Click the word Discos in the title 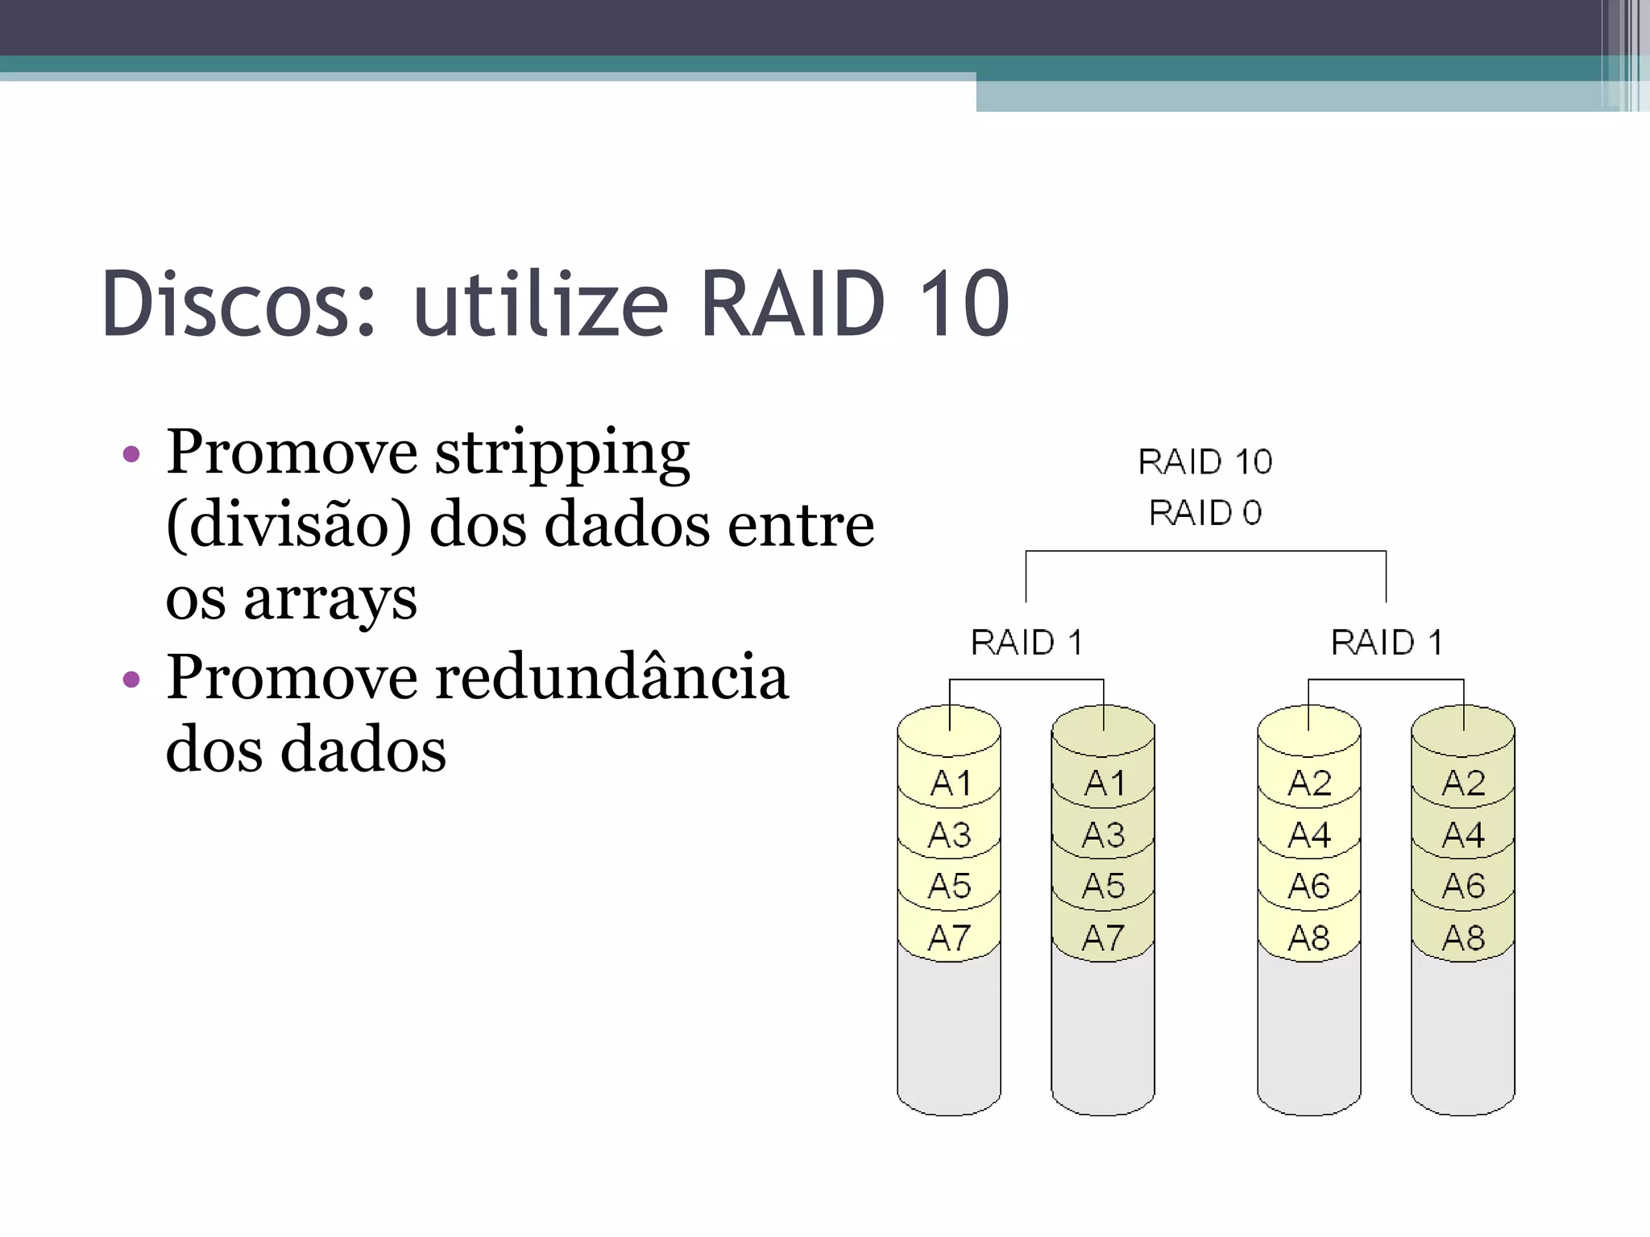point(238,304)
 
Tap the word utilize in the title point(540,304)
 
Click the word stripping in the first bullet point(562,453)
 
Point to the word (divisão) point(288,525)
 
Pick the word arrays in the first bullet point(330,599)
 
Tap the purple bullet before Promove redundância point(131,679)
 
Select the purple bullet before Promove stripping point(131,454)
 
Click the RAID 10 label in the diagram point(1204,462)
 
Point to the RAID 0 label point(1204,513)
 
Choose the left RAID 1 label point(1026,643)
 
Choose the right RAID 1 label point(1387,643)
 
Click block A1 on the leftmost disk point(951,783)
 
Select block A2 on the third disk point(1309,783)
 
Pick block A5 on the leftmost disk point(950,886)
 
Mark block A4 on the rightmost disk point(1463,835)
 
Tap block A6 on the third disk point(1309,886)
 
